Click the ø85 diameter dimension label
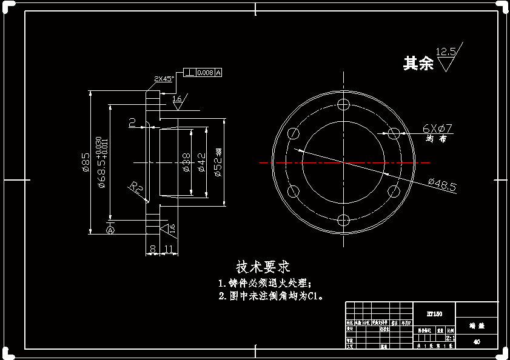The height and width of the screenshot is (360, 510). tap(86, 162)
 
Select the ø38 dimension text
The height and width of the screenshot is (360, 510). tap(187, 162)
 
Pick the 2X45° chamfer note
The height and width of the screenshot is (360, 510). tap(164, 79)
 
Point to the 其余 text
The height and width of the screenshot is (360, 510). tap(418, 63)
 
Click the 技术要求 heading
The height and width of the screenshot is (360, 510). tap(263, 267)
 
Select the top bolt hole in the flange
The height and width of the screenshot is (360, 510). tap(344, 103)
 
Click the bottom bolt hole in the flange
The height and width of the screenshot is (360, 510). tap(344, 220)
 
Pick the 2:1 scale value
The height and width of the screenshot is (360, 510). tap(450, 338)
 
